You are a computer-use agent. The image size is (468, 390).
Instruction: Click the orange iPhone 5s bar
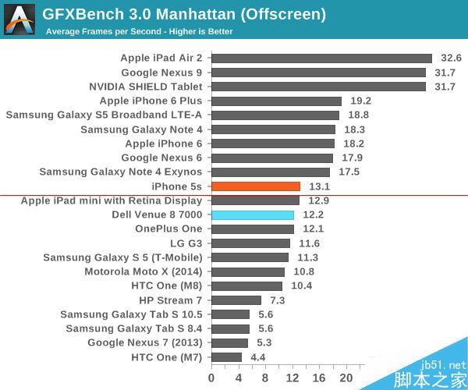(x=256, y=186)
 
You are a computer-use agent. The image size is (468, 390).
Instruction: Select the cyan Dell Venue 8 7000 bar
(x=253, y=214)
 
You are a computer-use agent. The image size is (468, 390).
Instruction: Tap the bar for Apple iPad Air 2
(x=321, y=58)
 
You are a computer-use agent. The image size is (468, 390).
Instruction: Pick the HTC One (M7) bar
(x=226, y=357)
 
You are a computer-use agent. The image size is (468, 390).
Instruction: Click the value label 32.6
(x=452, y=58)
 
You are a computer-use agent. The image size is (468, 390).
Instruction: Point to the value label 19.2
(x=361, y=101)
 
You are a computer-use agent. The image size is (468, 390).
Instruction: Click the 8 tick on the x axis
(x=265, y=378)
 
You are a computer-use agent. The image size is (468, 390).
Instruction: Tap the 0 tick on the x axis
(x=211, y=378)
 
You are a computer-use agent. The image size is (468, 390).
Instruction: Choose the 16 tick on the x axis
(x=319, y=378)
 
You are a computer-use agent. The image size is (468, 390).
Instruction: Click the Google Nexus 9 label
(x=161, y=73)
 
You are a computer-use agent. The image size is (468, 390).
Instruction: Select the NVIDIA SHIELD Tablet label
(x=146, y=87)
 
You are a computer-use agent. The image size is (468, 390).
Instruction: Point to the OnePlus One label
(x=168, y=229)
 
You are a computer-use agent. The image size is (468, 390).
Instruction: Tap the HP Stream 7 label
(x=171, y=300)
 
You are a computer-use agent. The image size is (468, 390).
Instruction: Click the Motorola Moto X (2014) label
(x=144, y=271)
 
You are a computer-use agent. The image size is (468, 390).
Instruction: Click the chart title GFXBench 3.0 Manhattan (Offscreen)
(x=184, y=15)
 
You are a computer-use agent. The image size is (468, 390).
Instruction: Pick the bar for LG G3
(x=250, y=243)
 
